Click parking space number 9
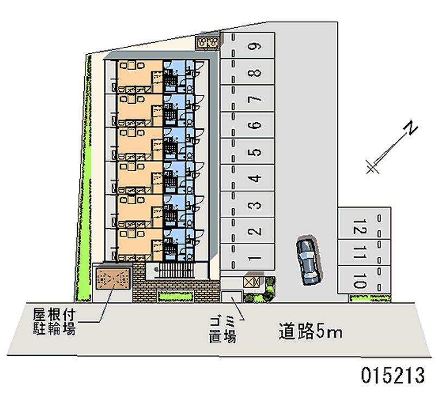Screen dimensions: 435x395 pyautogui.click(x=247, y=46)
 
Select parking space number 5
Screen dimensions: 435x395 pyautogui.click(x=247, y=152)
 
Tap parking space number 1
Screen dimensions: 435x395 pyautogui.click(x=247, y=258)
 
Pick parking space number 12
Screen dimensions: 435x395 pyautogui.click(x=364, y=224)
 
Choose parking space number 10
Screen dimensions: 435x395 pyautogui.click(x=364, y=279)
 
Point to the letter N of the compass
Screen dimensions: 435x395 pyautogui.click(x=411, y=128)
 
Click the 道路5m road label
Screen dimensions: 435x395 pyautogui.click(x=310, y=331)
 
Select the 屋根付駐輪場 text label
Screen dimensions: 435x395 pyautogui.click(x=54, y=322)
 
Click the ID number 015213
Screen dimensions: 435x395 pyautogui.click(x=393, y=375)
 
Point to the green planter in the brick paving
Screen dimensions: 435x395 pyautogui.click(x=175, y=296)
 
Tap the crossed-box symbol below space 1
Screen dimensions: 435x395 pyautogui.click(x=251, y=282)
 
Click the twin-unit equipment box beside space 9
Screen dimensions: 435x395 pyautogui.click(x=207, y=43)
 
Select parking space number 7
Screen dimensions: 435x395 pyautogui.click(x=247, y=99)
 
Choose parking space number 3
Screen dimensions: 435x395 pyautogui.click(x=247, y=205)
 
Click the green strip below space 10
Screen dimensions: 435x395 pyautogui.click(x=370, y=298)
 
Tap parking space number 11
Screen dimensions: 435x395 pyautogui.click(x=364, y=253)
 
